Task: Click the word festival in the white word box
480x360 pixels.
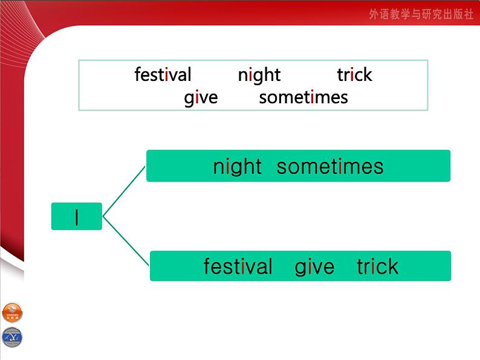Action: (163, 75)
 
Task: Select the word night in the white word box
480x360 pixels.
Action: (259, 75)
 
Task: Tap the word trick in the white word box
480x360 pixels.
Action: (354, 75)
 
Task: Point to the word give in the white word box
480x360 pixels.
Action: (201, 97)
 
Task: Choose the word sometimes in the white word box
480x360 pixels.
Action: (303, 97)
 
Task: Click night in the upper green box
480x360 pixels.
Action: (237, 167)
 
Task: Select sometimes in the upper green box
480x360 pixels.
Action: (330, 167)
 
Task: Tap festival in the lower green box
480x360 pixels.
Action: (238, 266)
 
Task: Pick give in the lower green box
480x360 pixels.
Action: (314, 266)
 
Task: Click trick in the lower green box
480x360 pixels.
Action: (377, 266)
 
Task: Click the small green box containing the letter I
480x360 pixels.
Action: (77, 216)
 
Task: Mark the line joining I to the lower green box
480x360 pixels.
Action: (126, 240)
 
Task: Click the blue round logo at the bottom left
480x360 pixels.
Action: (11, 336)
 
